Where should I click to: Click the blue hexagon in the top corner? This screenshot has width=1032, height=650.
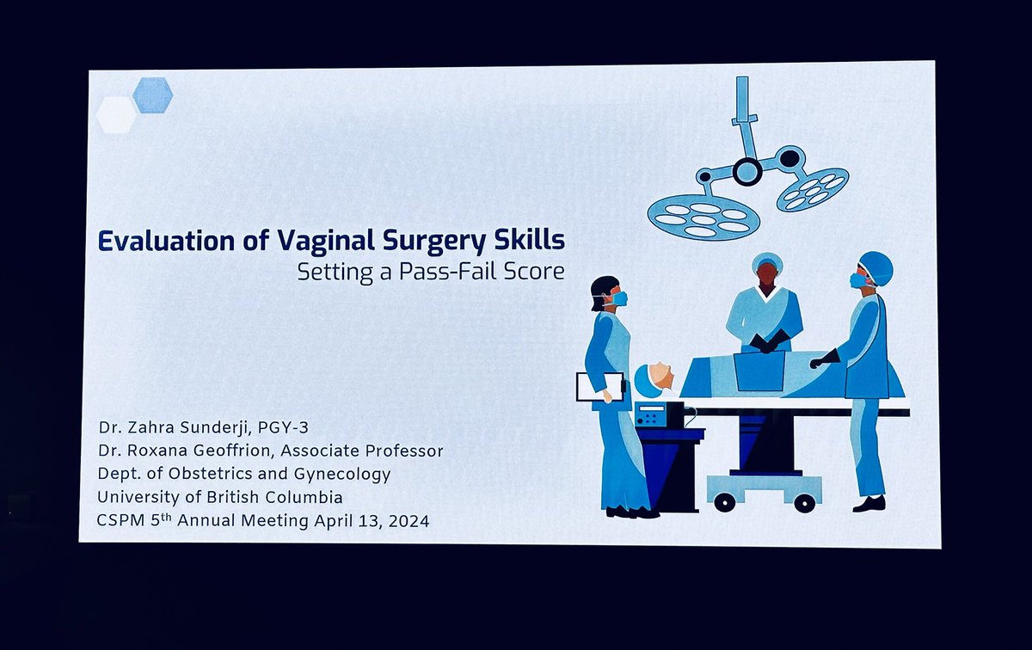pyautogui.click(x=153, y=95)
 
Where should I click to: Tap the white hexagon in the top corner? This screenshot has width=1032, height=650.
pyautogui.click(x=117, y=114)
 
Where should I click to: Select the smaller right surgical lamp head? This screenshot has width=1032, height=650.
pyautogui.click(x=813, y=189)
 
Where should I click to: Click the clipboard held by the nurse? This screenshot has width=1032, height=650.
pyautogui.click(x=599, y=386)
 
